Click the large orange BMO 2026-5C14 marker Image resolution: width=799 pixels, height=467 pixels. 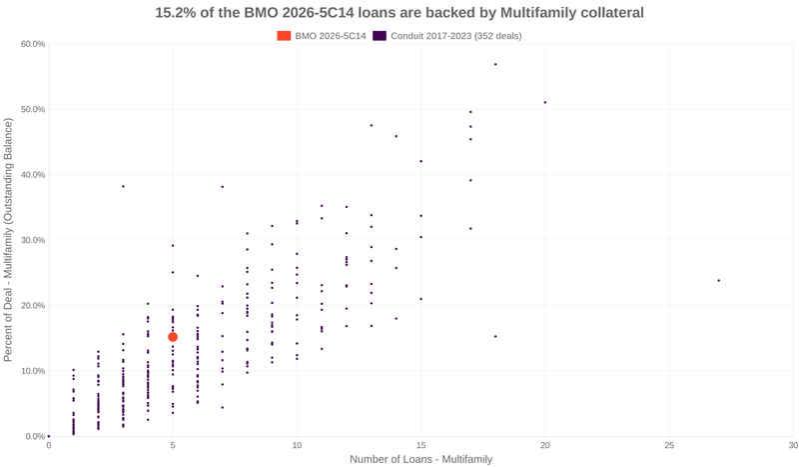click(x=173, y=337)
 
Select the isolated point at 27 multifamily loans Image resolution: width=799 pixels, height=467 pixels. click(x=718, y=280)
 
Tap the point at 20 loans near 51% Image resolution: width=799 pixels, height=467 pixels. click(x=544, y=102)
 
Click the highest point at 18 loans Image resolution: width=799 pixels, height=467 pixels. click(x=495, y=64)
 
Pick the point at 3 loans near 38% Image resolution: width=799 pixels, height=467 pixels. click(x=123, y=186)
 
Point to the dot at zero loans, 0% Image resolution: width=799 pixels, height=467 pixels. click(x=49, y=436)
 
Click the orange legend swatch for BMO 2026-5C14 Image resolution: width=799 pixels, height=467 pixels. click(x=285, y=36)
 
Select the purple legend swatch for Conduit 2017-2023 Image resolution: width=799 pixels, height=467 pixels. click(x=380, y=36)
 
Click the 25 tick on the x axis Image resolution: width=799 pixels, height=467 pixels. click(x=668, y=445)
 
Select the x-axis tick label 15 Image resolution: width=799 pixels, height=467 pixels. click(x=420, y=445)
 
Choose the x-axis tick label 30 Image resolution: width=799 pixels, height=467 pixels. click(x=792, y=445)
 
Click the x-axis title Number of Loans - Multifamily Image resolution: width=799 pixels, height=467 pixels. click(x=420, y=459)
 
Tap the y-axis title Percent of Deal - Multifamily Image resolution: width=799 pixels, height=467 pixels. click(x=9, y=240)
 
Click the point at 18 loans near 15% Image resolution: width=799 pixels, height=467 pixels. click(x=495, y=336)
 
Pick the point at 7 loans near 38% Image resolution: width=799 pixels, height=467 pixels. click(x=222, y=187)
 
